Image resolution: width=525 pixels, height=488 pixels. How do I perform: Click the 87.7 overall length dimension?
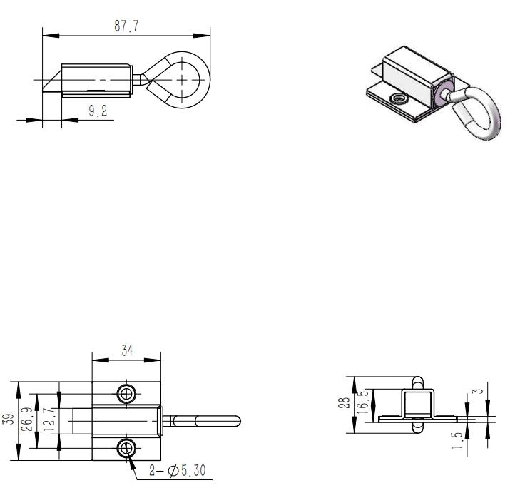(x=126, y=26)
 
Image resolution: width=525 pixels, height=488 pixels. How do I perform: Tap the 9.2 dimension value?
(x=98, y=111)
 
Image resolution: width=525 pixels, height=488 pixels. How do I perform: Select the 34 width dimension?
(x=127, y=351)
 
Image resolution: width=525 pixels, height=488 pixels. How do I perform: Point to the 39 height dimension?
(x=11, y=419)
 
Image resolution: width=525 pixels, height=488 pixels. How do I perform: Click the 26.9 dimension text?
(x=28, y=419)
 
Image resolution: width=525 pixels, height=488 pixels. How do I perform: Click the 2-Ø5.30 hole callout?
(x=177, y=471)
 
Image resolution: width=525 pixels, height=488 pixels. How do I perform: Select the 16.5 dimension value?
(x=363, y=401)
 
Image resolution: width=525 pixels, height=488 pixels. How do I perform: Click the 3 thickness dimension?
(x=480, y=391)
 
